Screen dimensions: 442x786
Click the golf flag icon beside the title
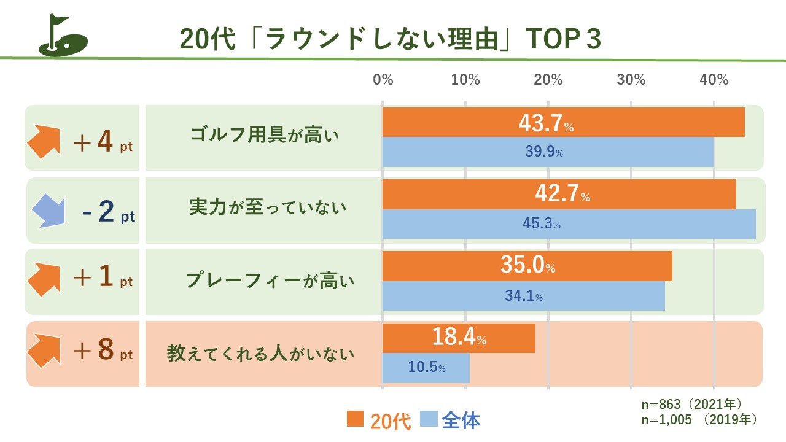point(63,36)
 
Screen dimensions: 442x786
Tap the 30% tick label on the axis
point(631,80)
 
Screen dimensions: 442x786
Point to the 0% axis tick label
point(383,80)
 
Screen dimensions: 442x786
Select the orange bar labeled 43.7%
point(563,122)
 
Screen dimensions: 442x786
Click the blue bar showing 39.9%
point(548,152)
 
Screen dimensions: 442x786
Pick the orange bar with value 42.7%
point(559,194)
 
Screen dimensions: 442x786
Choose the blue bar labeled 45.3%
point(569,224)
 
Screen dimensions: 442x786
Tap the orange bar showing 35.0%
point(527,266)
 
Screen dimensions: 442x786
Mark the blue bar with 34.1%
point(523,296)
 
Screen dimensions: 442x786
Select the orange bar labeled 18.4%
point(459,338)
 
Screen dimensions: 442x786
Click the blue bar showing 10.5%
point(426,368)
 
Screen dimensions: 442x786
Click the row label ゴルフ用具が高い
point(265,136)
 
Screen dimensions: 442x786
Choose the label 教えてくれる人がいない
point(261,354)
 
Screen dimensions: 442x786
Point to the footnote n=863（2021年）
point(691,405)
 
